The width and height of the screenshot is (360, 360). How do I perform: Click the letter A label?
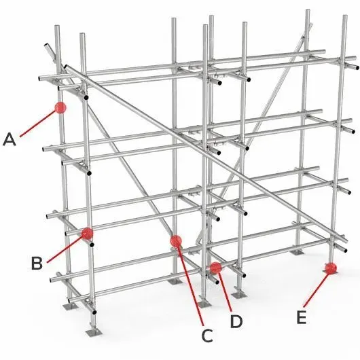pos(10,140)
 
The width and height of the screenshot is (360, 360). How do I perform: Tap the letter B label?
pos(37,263)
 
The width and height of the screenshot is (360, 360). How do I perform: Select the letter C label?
pos(207,336)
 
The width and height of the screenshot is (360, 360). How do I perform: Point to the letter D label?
pos(236,321)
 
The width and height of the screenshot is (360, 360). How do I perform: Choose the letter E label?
pos(302,317)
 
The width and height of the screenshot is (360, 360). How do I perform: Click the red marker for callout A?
pos(60,107)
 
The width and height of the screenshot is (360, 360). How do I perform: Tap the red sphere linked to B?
pos(87,234)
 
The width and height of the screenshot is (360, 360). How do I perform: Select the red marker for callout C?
pos(176,241)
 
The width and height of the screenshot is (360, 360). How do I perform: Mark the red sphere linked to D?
pos(215,268)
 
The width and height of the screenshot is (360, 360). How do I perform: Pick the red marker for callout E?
pos(331,268)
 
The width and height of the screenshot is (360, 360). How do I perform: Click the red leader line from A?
pos(37,124)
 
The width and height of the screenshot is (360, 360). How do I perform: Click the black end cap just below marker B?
pos(92,245)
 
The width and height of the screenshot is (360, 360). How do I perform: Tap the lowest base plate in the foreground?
pos(94,332)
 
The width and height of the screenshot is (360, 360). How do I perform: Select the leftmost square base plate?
pos(70,306)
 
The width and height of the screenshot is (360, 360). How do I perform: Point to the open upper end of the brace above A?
pos(46,44)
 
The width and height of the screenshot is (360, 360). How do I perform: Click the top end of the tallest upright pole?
pos(308,10)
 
